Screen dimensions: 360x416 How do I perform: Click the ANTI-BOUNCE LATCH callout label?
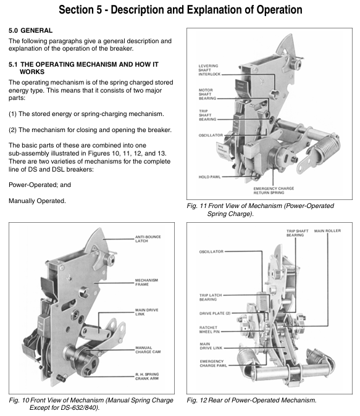pos(148,239)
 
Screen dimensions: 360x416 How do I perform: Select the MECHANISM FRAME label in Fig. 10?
pos(146,282)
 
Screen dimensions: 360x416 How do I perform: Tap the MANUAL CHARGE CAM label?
pos(148,350)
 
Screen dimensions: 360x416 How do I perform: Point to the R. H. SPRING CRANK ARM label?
pos(147,376)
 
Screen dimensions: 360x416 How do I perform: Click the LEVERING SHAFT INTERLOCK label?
pos(209,70)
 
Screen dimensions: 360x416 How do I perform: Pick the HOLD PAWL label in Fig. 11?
pos(209,177)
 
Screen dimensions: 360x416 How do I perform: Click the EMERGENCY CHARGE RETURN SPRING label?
pos(274,191)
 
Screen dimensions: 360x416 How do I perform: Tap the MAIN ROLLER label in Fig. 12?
pos(327,231)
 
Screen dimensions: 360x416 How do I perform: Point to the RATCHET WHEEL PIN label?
pos(209,330)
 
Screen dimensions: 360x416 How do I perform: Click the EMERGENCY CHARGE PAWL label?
pos(213,364)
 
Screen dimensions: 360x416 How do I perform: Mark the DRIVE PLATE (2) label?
pos(215,314)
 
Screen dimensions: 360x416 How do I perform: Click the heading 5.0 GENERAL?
pos(30,30)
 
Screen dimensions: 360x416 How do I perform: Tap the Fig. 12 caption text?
pos(251,400)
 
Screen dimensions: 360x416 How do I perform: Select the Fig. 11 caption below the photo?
pos(260,210)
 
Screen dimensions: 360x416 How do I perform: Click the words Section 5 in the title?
pos(80,10)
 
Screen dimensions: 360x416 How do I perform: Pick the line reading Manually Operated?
pos(37,201)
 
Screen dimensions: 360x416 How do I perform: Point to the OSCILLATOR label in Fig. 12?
pos(211,251)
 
